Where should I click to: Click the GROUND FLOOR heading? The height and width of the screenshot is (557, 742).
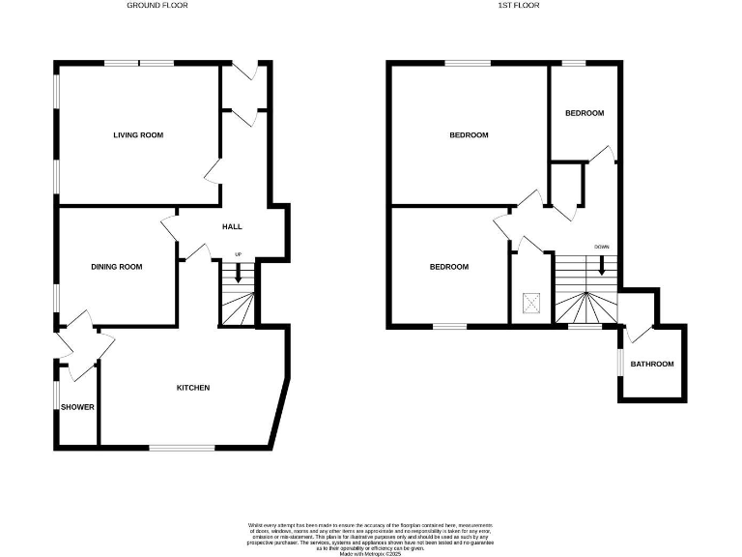(x=157, y=5)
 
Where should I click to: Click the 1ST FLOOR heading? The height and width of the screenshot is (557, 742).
(x=518, y=5)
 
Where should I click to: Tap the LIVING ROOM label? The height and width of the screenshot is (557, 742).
(x=138, y=134)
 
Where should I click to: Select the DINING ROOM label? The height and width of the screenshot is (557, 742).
(x=117, y=267)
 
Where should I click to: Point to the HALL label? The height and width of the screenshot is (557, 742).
(x=232, y=226)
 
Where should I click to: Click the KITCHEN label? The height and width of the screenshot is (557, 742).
(x=192, y=388)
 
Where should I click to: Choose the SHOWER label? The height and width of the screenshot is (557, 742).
(x=77, y=407)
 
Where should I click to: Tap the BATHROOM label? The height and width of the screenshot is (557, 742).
(x=652, y=365)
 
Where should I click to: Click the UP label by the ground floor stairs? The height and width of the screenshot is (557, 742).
(x=238, y=255)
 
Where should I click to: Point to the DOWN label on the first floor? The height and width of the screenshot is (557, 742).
(x=602, y=248)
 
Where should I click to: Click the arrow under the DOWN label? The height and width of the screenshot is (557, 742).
(x=602, y=265)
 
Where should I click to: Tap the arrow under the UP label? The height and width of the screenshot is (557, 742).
(x=238, y=273)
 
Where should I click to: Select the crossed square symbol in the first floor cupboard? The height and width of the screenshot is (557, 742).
(x=530, y=302)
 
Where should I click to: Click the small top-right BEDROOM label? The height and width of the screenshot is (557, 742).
(x=585, y=113)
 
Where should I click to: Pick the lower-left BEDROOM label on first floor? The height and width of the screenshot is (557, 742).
(x=449, y=267)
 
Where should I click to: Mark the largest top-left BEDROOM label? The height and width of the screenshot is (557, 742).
(x=469, y=135)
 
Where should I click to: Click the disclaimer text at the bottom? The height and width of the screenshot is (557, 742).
(x=371, y=536)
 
